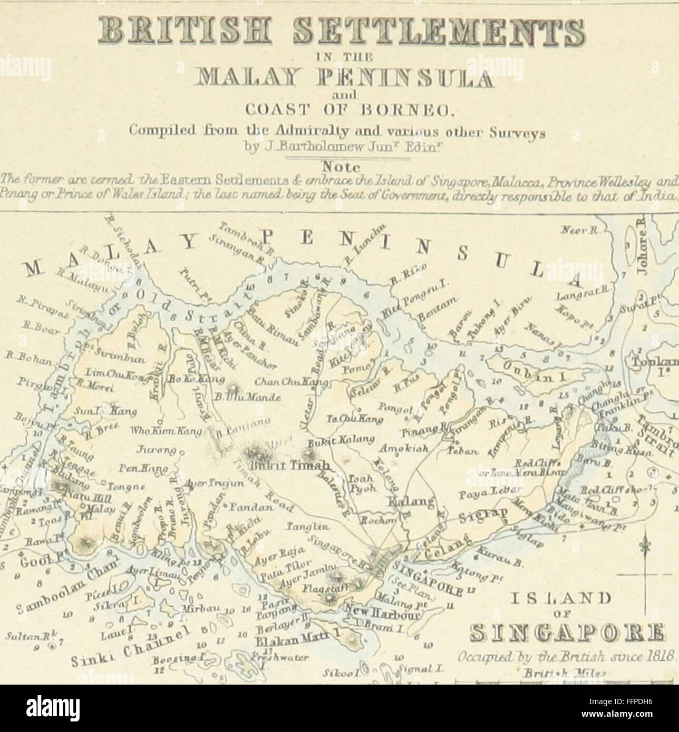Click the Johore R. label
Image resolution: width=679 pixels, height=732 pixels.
[642, 252]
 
